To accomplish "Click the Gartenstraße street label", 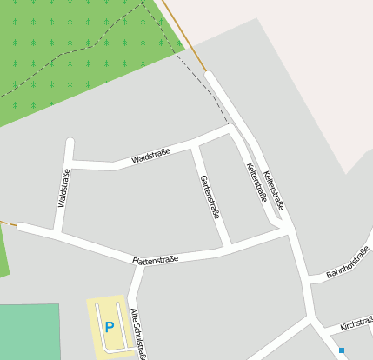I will click(x=210, y=197).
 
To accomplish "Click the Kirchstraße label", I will click(x=356, y=323).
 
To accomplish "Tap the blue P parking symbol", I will click(x=109, y=327).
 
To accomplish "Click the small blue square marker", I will click(x=342, y=350).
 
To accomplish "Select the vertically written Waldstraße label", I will click(x=63, y=188).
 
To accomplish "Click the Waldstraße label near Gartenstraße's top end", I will click(x=150, y=156).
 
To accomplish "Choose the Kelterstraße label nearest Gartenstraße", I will click(x=256, y=182).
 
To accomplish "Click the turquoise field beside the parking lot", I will click(x=30, y=331).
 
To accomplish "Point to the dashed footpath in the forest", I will click(x=87, y=47).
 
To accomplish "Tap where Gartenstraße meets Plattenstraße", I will click(x=227, y=248).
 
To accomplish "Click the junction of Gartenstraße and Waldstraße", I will click(x=196, y=144).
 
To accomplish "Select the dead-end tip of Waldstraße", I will click(x=70, y=142).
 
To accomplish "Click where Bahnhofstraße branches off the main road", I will click(x=307, y=279).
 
